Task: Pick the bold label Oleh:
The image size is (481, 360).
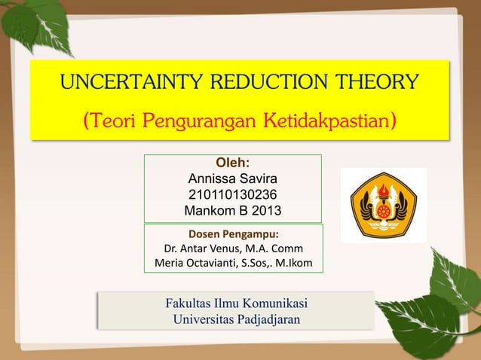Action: click(x=233, y=163)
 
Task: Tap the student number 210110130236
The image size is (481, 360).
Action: click(x=232, y=194)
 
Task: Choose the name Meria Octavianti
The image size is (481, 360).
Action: click(x=196, y=263)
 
